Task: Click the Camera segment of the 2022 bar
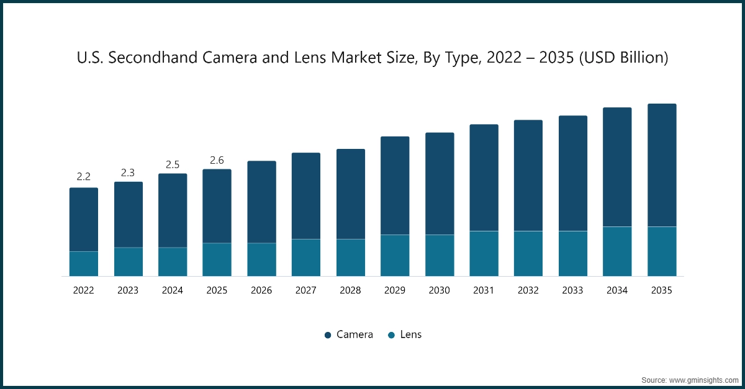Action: tap(83, 219)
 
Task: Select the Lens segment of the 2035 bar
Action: tap(662, 251)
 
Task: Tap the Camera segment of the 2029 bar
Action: tap(395, 186)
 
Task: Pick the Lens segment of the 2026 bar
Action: tap(261, 259)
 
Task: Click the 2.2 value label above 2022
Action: tap(83, 177)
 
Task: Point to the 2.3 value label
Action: tap(128, 172)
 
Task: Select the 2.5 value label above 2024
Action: tap(173, 164)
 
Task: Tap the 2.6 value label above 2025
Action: tap(217, 160)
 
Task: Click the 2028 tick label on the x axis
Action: tap(350, 290)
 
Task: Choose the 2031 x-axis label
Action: tap(484, 290)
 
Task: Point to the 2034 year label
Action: tap(617, 290)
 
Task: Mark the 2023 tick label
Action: tap(128, 290)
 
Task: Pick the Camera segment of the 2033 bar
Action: tap(573, 173)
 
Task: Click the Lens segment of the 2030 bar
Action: tap(440, 255)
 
